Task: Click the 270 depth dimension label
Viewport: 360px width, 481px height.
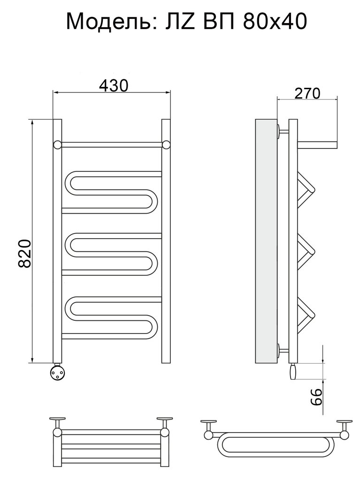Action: click(x=307, y=93)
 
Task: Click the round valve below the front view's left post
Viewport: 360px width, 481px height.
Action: click(x=57, y=372)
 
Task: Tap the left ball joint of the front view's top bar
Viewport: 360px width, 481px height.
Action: click(x=58, y=145)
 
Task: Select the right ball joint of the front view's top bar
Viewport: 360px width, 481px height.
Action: click(x=166, y=145)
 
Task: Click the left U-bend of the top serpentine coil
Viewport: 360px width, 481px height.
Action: click(x=68, y=184)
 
